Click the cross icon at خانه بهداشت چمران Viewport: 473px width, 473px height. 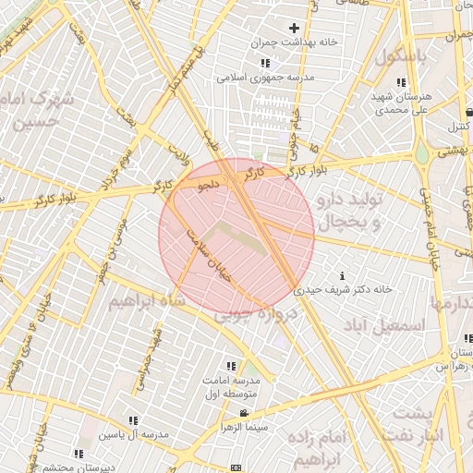point(295,29)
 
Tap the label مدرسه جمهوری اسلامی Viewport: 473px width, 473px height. point(265,78)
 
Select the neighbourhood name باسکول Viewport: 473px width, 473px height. point(402,55)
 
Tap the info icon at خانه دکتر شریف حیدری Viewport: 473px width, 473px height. point(343,275)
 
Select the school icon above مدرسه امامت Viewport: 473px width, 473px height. point(230,366)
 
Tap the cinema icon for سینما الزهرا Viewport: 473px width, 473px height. point(243,412)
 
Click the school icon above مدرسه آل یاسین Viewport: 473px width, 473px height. point(134,420)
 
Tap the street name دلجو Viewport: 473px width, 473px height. point(209,185)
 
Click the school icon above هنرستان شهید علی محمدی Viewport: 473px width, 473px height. point(400,83)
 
